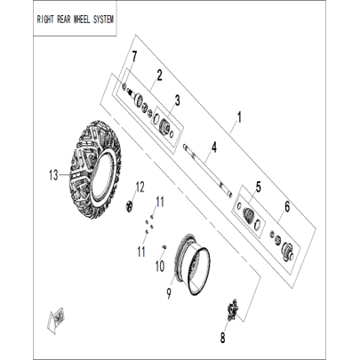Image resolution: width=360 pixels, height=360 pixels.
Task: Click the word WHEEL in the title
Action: [78, 20]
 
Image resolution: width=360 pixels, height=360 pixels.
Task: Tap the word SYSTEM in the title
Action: [103, 20]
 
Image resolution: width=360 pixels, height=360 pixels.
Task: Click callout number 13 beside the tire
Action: [53, 175]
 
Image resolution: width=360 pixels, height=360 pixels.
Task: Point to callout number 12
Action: [140, 188]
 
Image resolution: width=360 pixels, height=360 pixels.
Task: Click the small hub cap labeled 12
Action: [129, 205]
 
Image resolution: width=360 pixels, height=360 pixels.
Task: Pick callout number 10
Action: [159, 267]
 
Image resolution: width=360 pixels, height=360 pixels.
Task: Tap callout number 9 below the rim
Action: [169, 293]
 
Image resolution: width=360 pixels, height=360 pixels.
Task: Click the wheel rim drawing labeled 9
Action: [192, 264]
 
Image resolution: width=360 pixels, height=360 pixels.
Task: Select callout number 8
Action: [222, 338]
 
